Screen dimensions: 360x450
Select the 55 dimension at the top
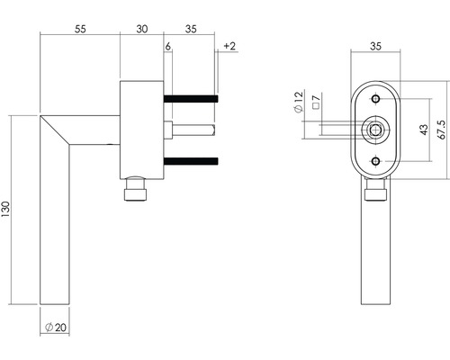point(80,30)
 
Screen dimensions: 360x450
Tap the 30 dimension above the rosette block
point(141,30)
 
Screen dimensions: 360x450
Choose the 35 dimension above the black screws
point(190,30)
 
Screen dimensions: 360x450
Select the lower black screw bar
point(190,161)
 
